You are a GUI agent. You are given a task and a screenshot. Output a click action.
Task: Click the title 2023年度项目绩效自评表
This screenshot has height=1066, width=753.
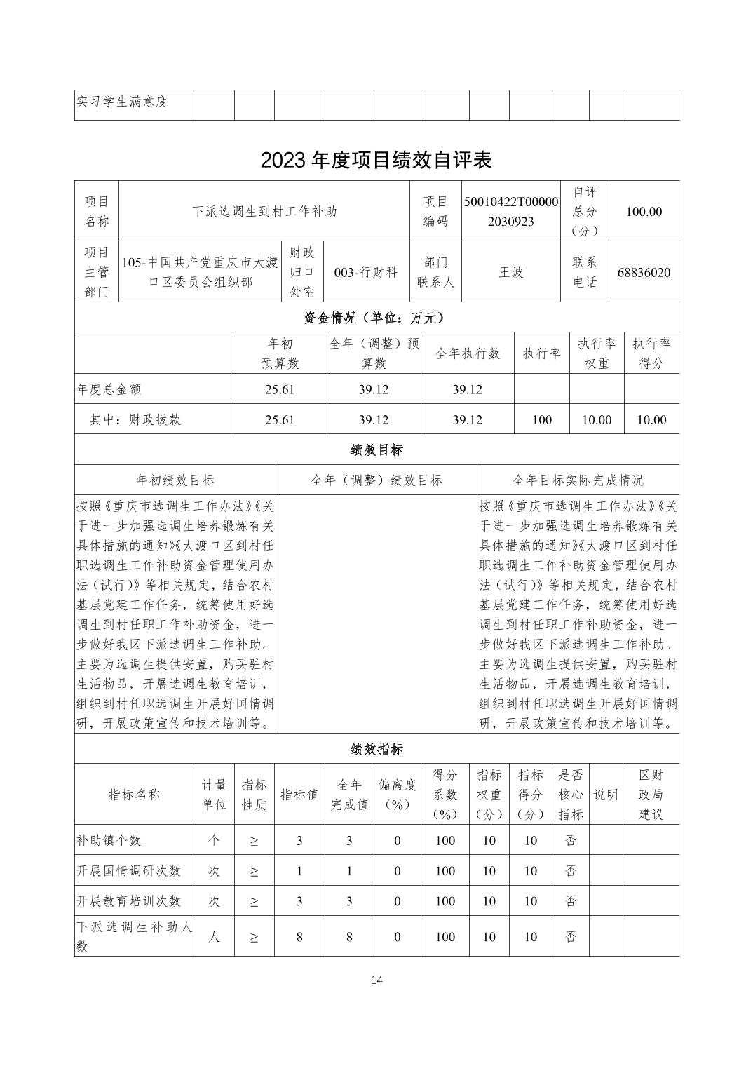point(376,160)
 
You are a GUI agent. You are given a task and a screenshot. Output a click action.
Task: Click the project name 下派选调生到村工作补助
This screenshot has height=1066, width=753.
point(264,211)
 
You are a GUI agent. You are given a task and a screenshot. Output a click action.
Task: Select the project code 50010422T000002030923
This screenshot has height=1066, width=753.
point(510,211)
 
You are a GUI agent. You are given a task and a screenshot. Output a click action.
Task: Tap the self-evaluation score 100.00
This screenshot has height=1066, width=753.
point(643,211)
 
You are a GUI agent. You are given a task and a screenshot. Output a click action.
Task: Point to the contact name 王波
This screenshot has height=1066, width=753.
point(510,272)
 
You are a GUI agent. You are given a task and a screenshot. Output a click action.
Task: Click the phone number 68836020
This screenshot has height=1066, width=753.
point(643,272)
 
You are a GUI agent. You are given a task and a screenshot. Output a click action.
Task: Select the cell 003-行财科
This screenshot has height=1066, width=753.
point(365,272)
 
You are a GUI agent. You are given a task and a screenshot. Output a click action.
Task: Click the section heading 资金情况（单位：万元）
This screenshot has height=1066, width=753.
point(376,318)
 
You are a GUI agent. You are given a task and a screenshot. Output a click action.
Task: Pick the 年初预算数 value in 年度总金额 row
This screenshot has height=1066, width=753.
point(279,389)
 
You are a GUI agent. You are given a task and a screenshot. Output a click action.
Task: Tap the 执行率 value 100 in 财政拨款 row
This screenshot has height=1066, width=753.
point(541,420)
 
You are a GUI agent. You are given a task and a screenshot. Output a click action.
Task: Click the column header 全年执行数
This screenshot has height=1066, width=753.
point(467,353)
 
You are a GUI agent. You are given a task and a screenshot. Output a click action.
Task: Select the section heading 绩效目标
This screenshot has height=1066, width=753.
point(376,450)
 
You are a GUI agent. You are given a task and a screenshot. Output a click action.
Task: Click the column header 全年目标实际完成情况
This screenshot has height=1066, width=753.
point(577,480)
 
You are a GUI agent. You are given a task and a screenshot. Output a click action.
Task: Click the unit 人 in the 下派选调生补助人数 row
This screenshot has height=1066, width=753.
point(213,936)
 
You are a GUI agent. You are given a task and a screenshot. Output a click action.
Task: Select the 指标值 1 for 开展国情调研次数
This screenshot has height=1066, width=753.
point(299,871)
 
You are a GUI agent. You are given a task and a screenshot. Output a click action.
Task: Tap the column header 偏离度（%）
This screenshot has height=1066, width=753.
point(397,795)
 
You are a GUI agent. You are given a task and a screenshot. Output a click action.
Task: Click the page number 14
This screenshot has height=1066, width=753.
point(376,980)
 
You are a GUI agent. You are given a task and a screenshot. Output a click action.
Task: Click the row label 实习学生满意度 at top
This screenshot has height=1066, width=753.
point(122,102)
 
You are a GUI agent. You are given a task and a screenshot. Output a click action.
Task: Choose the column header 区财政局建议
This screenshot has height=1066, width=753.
point(650,795)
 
